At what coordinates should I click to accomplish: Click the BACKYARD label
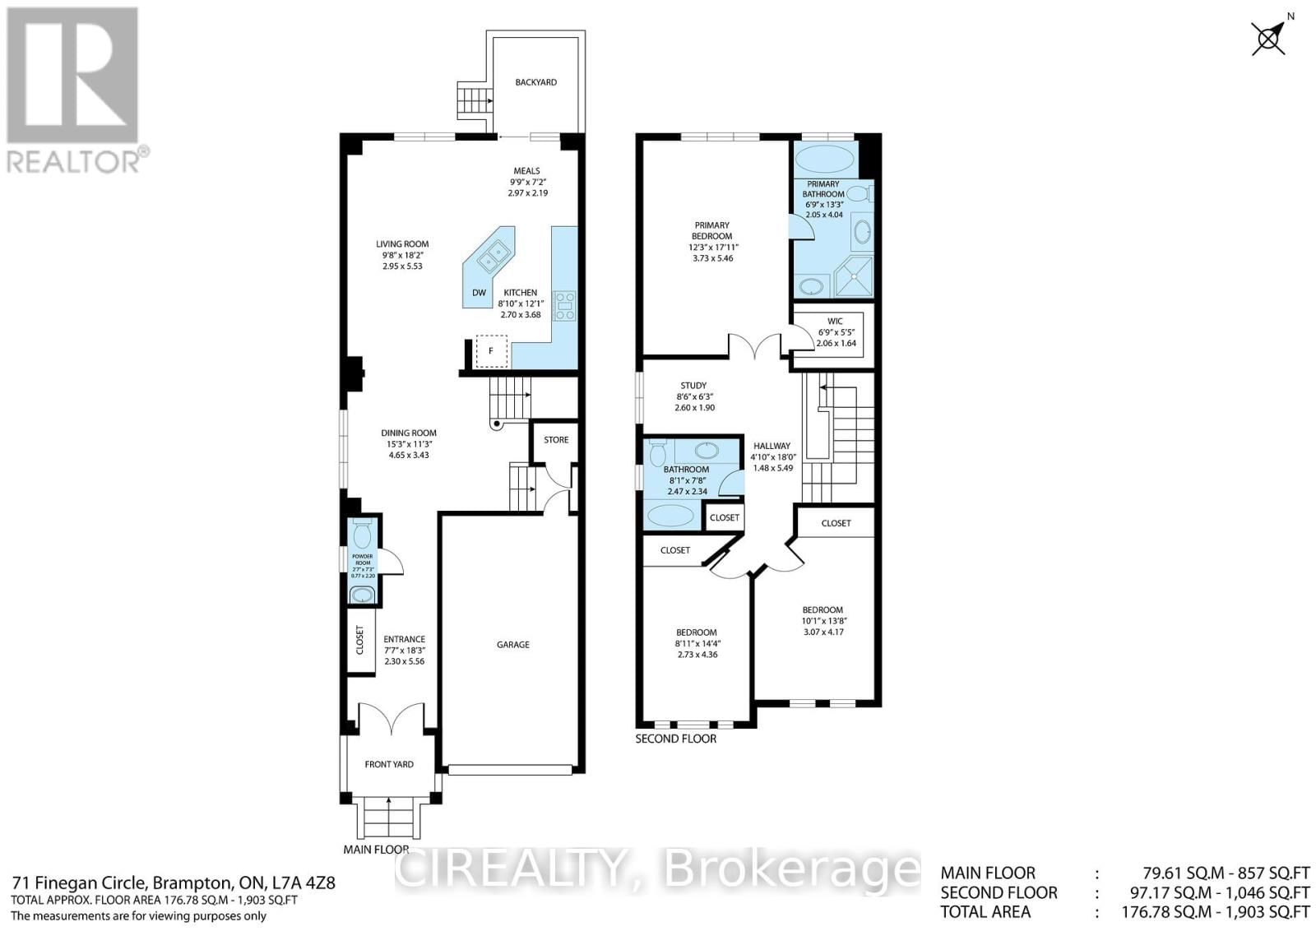[535, 82]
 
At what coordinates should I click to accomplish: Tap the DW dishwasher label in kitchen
[479, 293]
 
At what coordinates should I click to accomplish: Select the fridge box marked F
[491, 351]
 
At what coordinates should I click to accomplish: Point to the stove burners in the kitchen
[565, 305]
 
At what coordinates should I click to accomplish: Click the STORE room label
[556, 440]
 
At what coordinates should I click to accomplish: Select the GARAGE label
[512, 645]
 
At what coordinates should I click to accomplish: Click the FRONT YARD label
[389, 765]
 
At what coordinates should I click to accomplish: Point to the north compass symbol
[1268, 38]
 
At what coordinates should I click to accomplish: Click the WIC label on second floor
[836, 322]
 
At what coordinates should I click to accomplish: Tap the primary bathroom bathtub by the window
[825, 159]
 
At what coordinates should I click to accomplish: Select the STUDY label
[693, 386]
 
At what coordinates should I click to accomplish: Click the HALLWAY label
[772, 447]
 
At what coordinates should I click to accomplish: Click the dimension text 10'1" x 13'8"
[822, 621]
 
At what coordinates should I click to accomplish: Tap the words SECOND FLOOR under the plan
[675, 739]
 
